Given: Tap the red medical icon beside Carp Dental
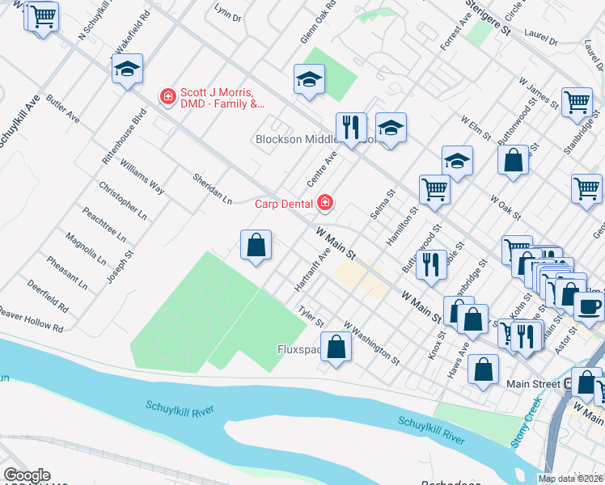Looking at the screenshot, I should coord(325,202).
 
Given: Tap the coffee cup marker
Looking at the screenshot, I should coord(588,306).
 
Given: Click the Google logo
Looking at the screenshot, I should coord(26,475).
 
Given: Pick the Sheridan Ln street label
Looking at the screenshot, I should coord(212,188).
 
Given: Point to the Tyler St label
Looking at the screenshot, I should coord(311,314).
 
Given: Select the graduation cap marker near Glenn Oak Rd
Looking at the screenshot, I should coord(308,80).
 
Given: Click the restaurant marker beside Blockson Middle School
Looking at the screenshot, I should coord(350,127).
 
